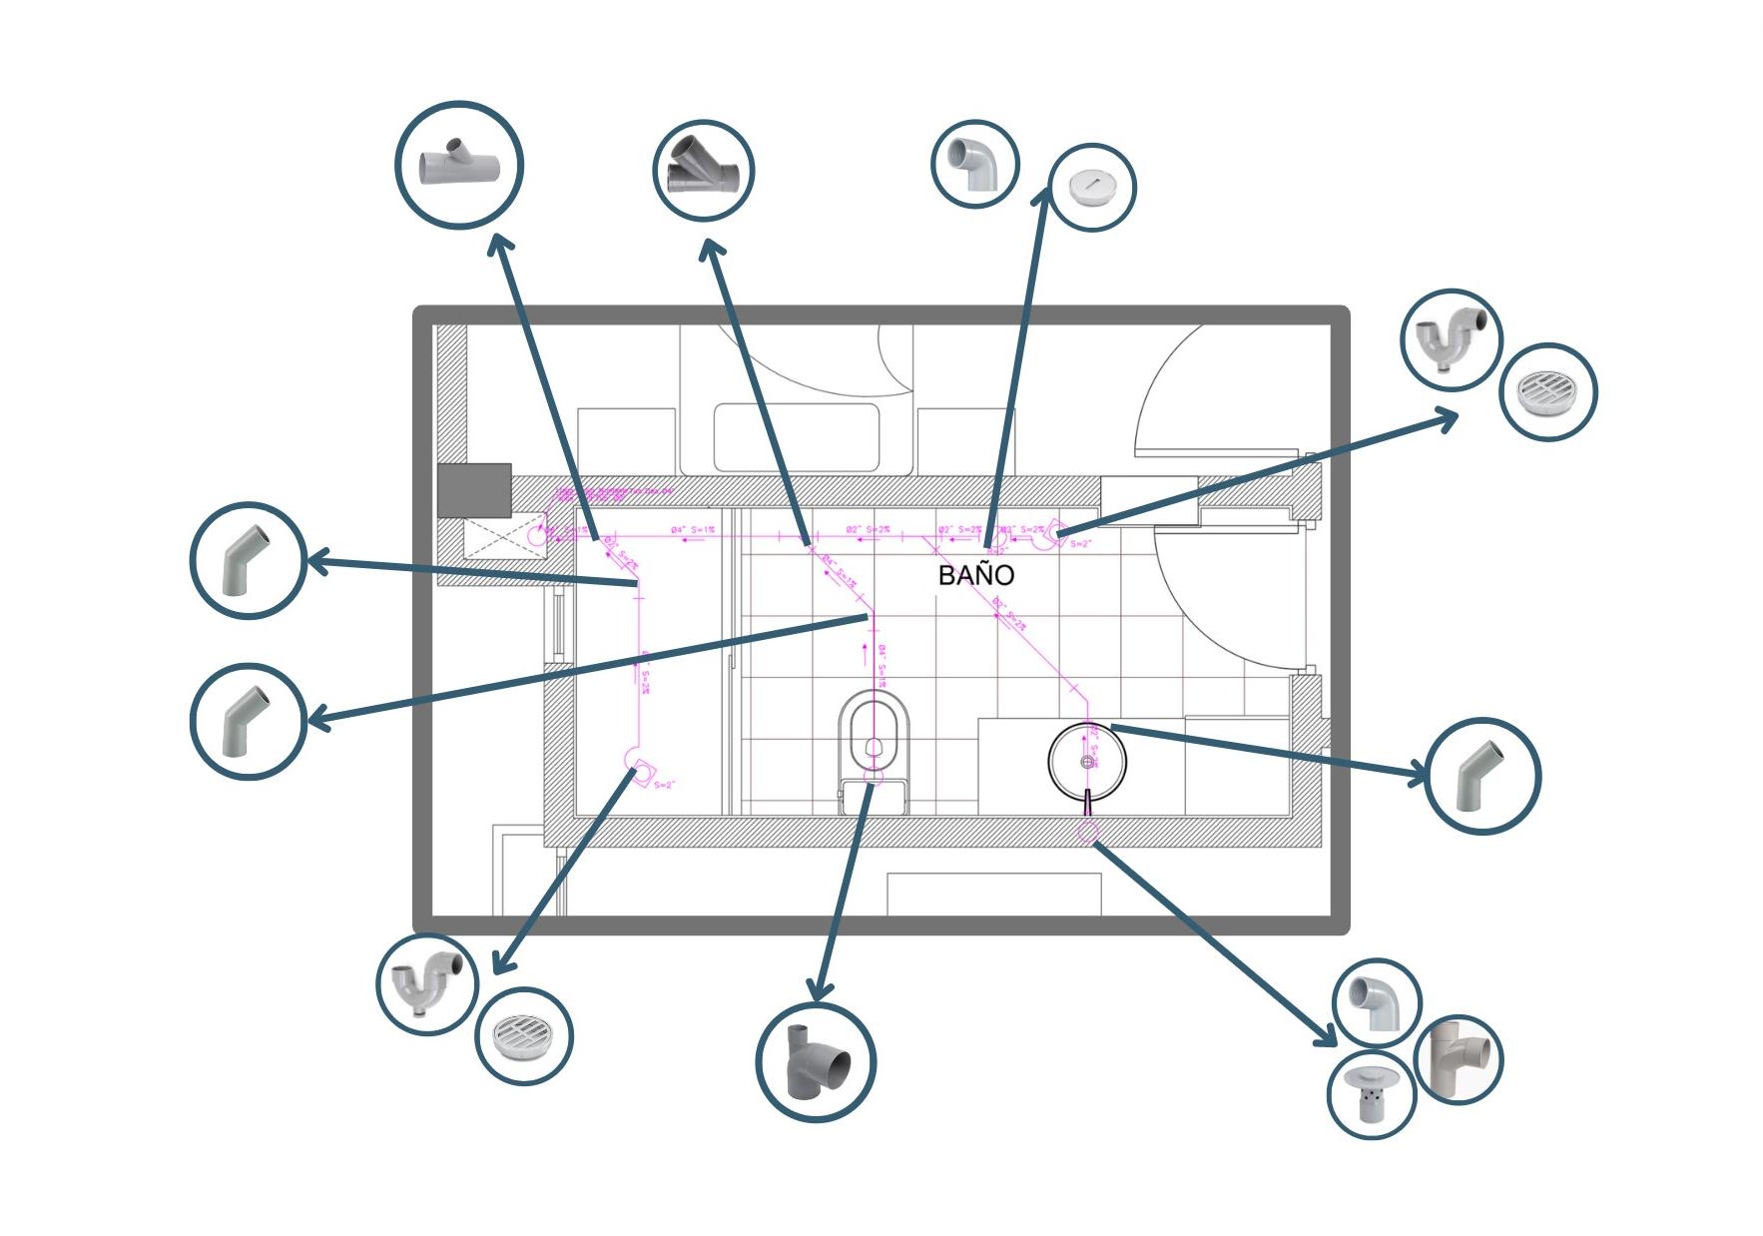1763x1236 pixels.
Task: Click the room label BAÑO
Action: (975, 575)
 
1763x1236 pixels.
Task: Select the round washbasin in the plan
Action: (1087, 762)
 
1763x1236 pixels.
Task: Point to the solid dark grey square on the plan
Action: (475, 490)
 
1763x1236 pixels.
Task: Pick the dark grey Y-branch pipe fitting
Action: (703, 171)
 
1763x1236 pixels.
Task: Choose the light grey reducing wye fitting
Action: (459, 165)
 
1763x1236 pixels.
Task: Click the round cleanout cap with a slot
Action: (1091, 188)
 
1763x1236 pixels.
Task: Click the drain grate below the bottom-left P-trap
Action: (524, 1036)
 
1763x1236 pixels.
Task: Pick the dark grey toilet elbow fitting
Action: (816, 1061)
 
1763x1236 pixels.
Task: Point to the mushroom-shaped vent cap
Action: (1372, 1093)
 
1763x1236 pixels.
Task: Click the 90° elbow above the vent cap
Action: (1377, 1002)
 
